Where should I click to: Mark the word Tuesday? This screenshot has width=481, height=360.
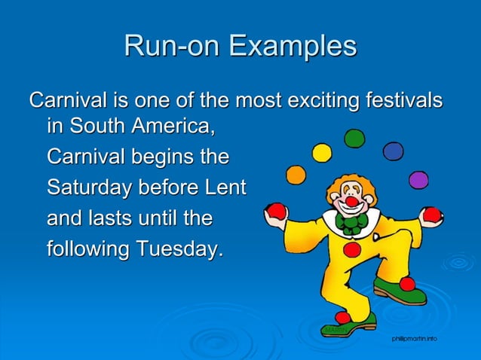pos(183,249)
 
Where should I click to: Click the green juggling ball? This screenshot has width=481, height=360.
pos(354,139)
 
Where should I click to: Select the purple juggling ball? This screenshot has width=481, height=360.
pos(418,180)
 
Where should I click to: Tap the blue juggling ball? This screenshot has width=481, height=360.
pos(393,151)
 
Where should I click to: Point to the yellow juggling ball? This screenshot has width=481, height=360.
pos(322,153)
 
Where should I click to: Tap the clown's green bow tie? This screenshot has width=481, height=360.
pos(352,221)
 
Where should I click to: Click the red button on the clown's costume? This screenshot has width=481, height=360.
pos(351,249)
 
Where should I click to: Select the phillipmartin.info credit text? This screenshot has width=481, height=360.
pos(414,340)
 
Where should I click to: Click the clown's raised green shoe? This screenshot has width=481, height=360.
pos(400,291)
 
